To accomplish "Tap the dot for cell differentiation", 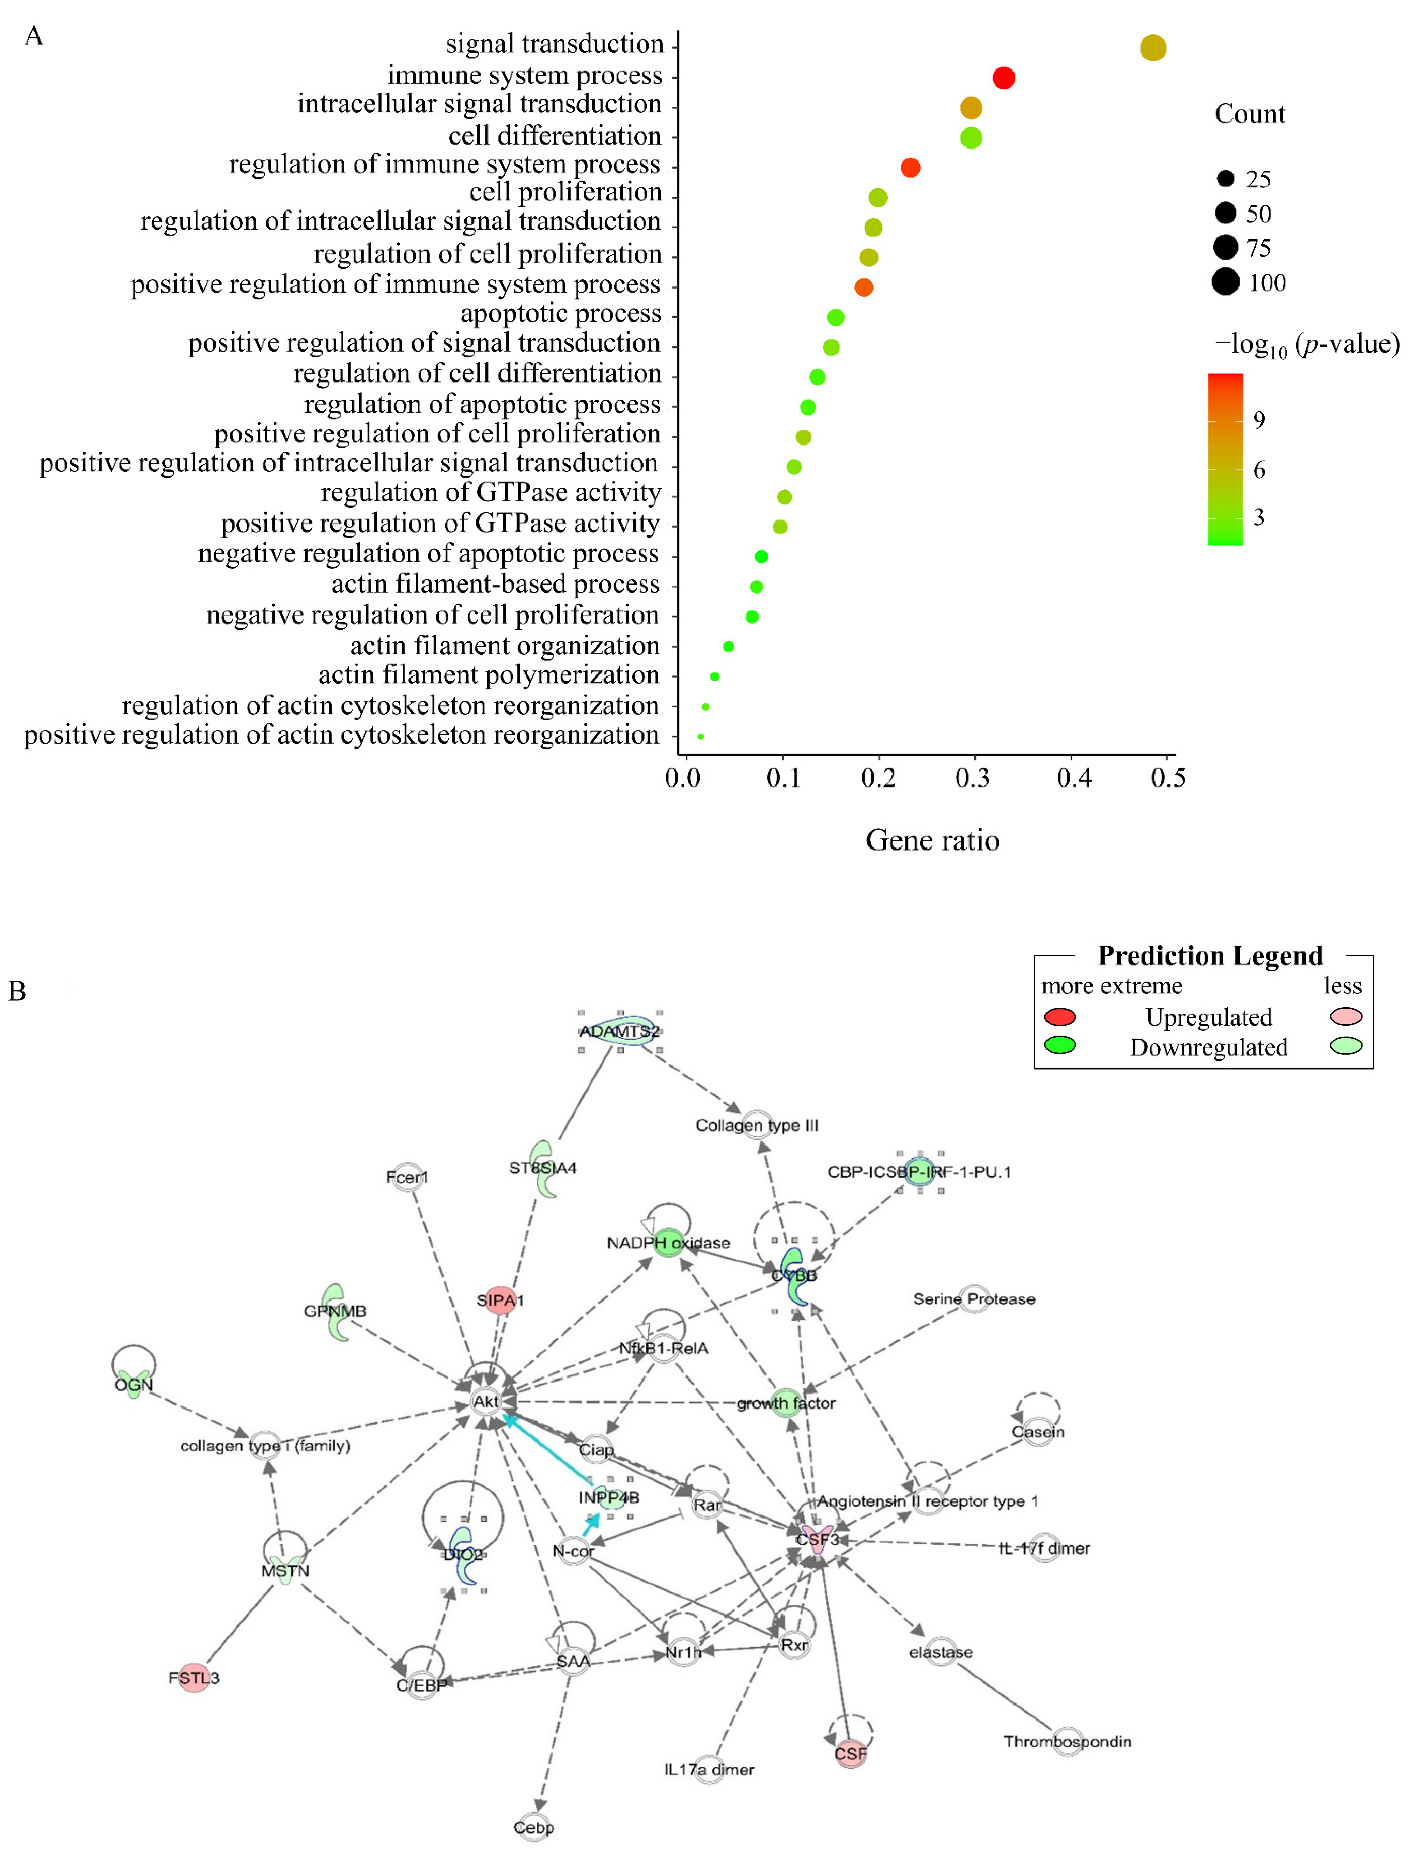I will pyautogui.click(x=971, y=138).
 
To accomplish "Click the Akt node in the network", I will pyautogui.click(x=485, y=1401).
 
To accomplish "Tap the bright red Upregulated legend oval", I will pyautogui.click(x=1060, y=1017).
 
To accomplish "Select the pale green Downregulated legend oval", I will pyautogui.click(x=1346, y=1046).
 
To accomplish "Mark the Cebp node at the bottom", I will pyautogui.click(x=534, y=1827).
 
